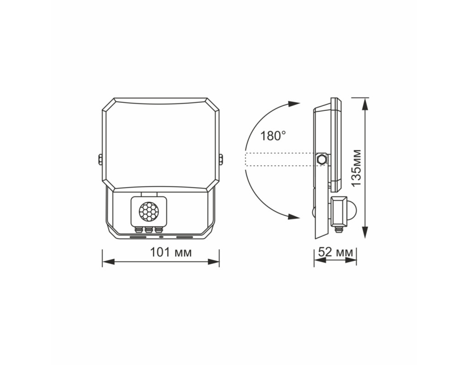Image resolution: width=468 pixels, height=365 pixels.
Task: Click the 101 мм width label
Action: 170,252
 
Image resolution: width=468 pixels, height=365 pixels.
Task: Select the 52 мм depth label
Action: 335,252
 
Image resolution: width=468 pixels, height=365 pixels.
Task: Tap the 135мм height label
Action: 356,168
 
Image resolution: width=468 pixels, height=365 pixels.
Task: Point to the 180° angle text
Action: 273,136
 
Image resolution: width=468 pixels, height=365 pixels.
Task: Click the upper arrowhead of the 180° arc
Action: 293,104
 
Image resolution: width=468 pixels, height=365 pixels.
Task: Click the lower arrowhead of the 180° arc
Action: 293,216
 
